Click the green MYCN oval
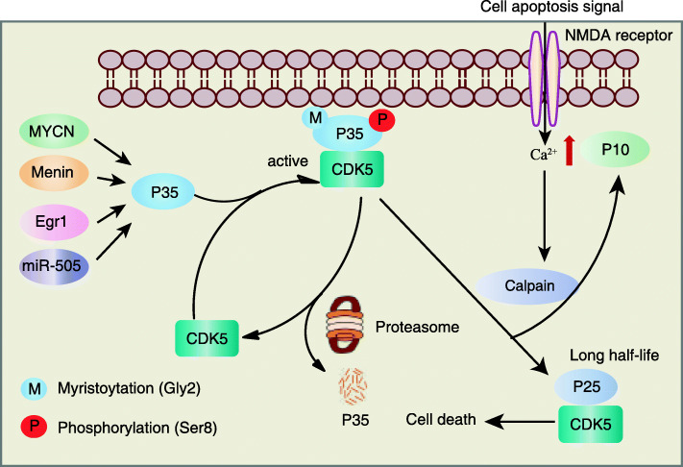[54, 131]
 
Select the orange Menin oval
[54, 173]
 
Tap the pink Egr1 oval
[54, 222]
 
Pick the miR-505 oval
[54, 266]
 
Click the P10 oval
[615, 150]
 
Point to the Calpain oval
[527, 285]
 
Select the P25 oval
[586, 387]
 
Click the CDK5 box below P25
[590, 424]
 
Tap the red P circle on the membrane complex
[382, 119]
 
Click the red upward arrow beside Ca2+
[569, 151]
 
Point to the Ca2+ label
[543, 154]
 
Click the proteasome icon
[345, 325]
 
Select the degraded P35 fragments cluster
[354, 385]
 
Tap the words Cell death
[441, 419]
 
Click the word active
[287, 161]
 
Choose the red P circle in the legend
[34, 426]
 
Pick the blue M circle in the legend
[34, 388]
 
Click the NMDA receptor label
[619, 36]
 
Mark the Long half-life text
[614, 355]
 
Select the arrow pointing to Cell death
[520, 422]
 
